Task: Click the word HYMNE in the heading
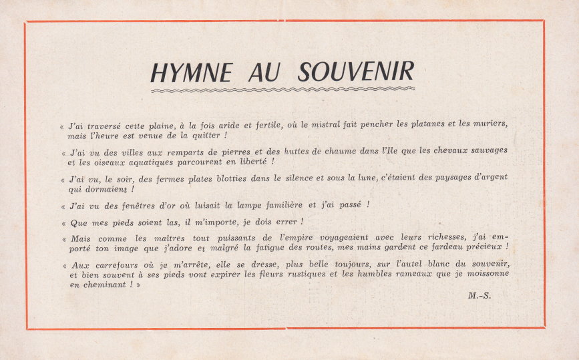tap(191, 71)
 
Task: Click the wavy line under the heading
tap(282, 89)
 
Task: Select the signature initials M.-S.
tap(479, 295)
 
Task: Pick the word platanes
tap(415, 124)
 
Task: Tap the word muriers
tap(490, 124)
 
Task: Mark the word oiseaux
tap(99, 162)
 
